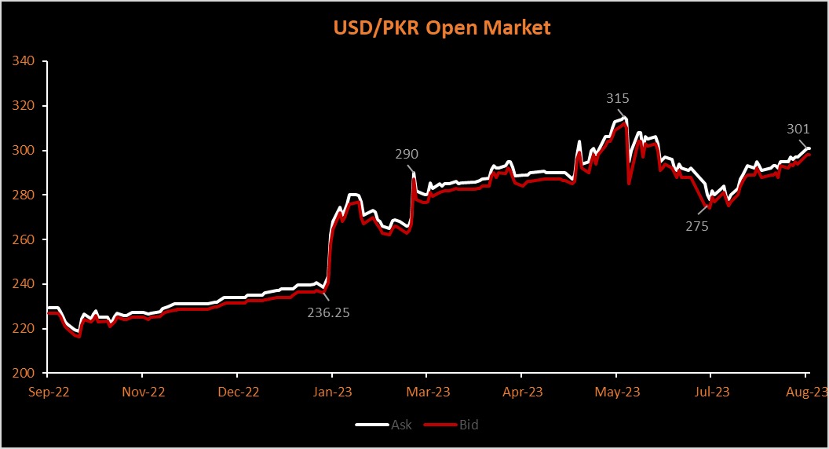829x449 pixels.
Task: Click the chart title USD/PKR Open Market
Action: click(x=442, y=27)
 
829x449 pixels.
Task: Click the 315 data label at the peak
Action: click(x=618, y=99)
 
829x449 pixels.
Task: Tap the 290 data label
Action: click(x=407, y=155)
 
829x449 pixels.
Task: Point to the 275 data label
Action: click(x=696, y=227)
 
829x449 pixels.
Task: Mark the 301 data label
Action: click(x=798, y=130)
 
